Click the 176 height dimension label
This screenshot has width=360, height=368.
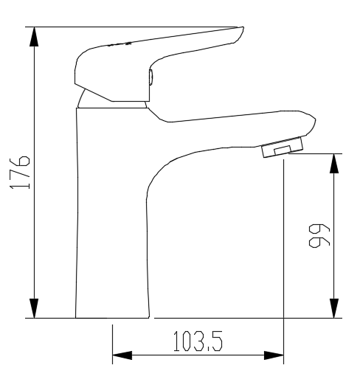click(24, 173)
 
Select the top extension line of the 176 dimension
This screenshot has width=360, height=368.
click(133, 27)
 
